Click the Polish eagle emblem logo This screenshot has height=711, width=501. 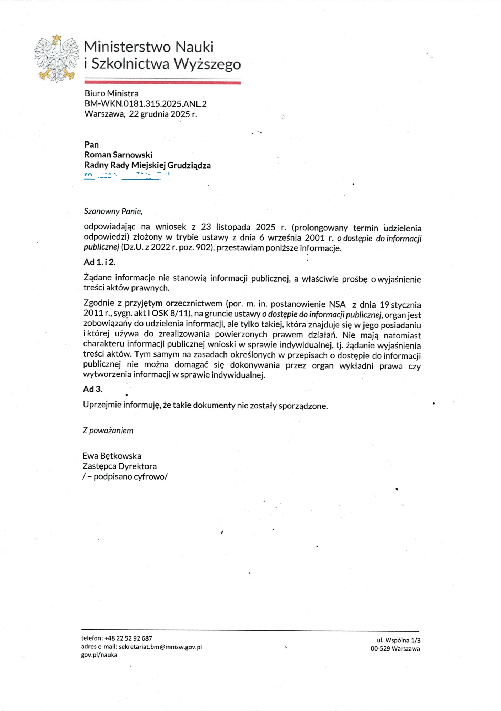57,59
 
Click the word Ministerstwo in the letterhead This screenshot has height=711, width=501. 127,47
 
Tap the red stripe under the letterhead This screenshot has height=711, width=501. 162,82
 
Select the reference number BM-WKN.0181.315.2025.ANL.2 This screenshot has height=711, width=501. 145,104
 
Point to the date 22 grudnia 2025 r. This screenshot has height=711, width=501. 163,114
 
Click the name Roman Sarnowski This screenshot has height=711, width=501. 118,155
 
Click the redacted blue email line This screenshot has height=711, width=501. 127,175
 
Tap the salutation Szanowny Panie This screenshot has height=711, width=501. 113,212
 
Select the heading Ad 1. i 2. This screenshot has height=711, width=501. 99,262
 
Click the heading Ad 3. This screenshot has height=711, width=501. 93,389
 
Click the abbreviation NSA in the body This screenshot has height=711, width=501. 337,304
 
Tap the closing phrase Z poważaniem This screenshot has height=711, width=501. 108,431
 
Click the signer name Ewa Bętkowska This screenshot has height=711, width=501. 112,456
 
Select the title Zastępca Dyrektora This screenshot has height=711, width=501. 119,466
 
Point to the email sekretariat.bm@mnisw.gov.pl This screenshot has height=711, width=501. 160,647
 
